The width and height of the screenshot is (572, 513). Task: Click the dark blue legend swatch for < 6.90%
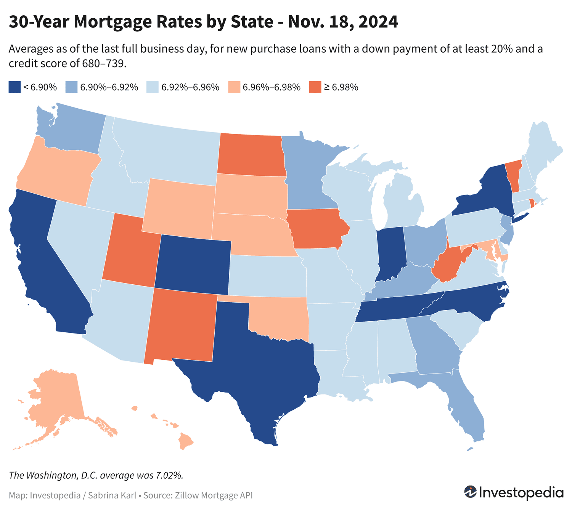click(14, 87)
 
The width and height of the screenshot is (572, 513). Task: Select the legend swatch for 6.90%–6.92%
click(71, 87)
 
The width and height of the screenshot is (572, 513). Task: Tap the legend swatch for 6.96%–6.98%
click(234, 87)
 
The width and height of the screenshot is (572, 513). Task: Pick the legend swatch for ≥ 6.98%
click(315, 87)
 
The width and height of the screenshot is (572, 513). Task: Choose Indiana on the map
click(390, 252)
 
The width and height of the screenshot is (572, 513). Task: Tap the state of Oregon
click(57, 172)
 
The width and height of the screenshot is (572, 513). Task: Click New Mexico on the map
click(181, 326)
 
